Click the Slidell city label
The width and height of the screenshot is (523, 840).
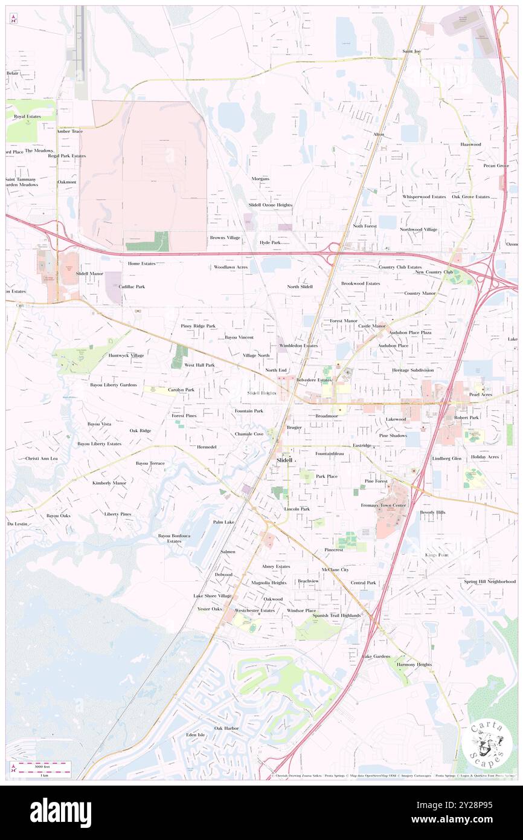pos(284,460)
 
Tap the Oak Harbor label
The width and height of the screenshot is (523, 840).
pos(226,728)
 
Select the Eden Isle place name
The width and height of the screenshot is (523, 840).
pos(196,735)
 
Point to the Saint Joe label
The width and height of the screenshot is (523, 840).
pos(412,51)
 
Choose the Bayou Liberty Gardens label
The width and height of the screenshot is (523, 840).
pos(114,385)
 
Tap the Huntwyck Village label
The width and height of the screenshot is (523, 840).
pos(126,355)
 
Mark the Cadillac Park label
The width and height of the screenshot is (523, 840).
pos(132,286)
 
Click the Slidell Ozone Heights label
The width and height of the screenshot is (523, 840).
pos(271,205)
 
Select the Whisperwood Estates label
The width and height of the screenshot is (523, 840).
pos(425,196)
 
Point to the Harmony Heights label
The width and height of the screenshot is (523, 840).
pos(414,664)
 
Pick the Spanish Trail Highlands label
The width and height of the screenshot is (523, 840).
pos(336,615)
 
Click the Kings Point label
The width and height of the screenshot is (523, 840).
pos(435,554)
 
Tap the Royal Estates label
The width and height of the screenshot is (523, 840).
pos(28,116)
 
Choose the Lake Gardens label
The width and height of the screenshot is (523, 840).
pos(376,656)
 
